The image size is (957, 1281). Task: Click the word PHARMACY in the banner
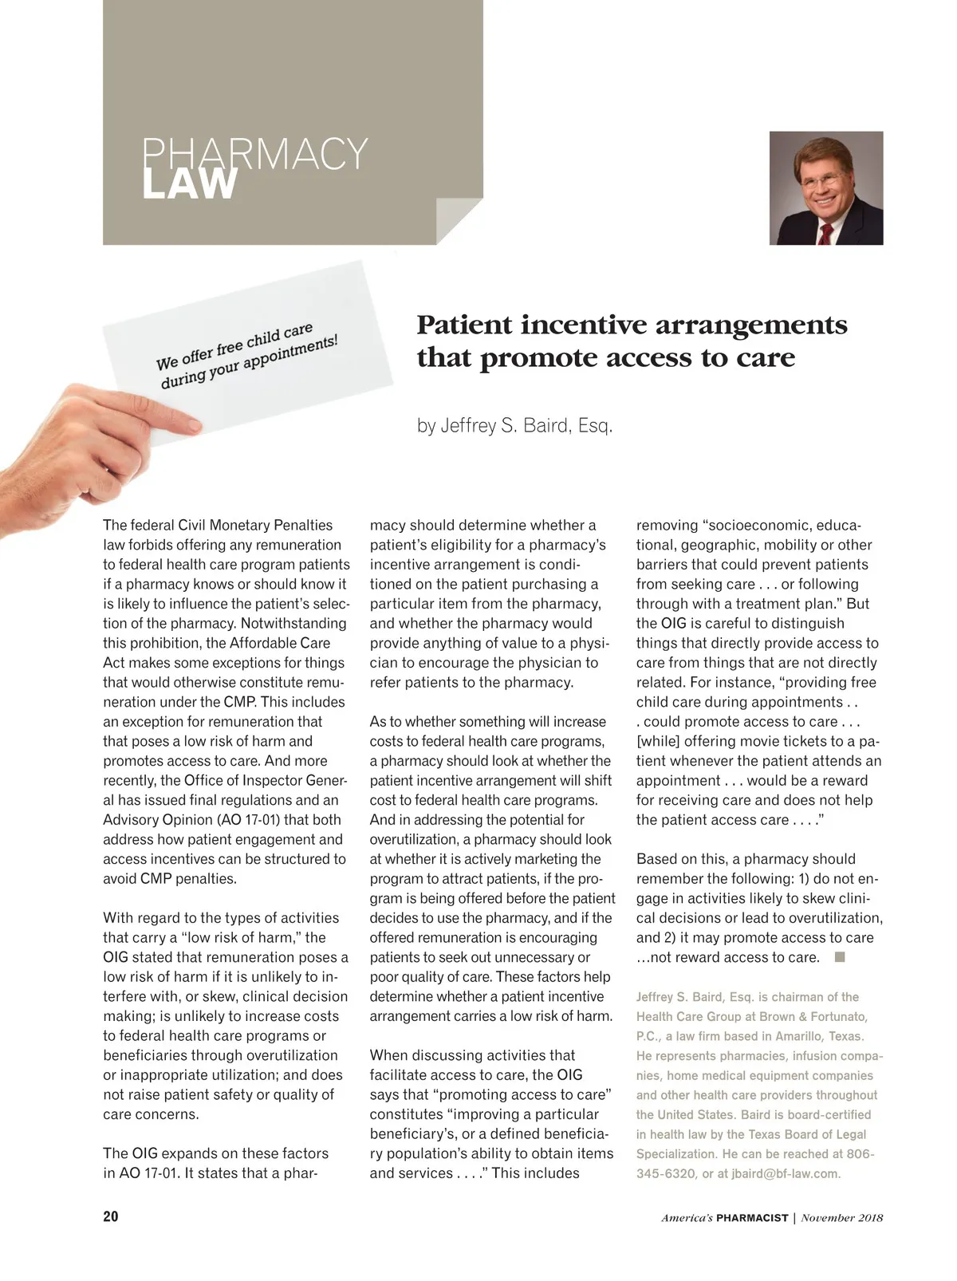tap(254, 153)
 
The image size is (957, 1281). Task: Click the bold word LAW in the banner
tap(190, 184)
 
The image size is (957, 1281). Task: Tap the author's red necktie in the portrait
tap(826, 233)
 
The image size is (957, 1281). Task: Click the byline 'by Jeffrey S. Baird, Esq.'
tap(514, 425)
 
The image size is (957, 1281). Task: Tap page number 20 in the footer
tap(111, 1217)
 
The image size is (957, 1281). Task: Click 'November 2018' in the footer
tap(841, 1218)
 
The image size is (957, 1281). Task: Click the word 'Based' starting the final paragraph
tap(656, 859)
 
